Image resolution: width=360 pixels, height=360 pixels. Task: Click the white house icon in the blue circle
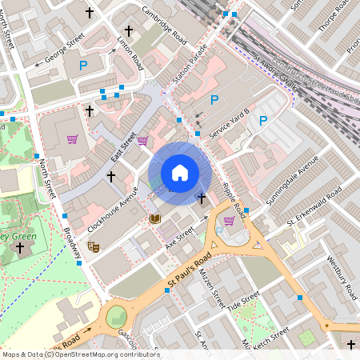pyautogui.click(x=179, y=173)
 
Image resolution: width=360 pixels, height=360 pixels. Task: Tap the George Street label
pyautogui.click(x=65, y=49)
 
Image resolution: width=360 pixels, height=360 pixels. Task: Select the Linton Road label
pyautogui.click(x=130, y=53)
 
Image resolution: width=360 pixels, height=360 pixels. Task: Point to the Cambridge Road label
pyautogui.click(x=163, y=25)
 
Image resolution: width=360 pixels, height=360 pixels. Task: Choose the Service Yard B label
pyautogui.click(x=230, y=124)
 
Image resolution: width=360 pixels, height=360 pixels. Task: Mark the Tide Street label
pyautogui.click(x=243, y=302)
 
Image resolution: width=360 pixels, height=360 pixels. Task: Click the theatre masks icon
pyautogui.click(x=94, y=248)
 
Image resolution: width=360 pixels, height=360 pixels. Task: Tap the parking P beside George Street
pyautogui.click(x=82, y=65)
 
